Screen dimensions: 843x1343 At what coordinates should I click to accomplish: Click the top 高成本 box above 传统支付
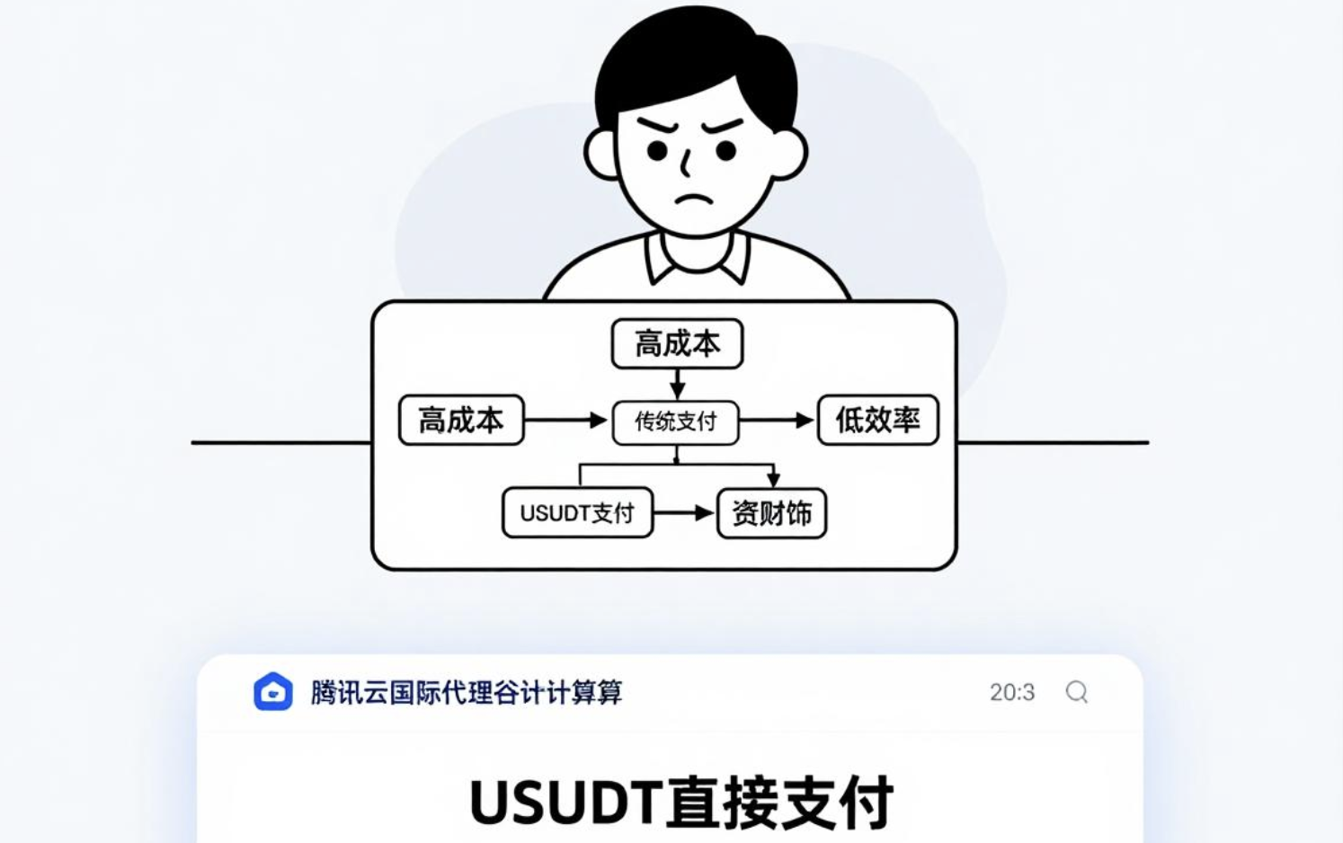(677, 343)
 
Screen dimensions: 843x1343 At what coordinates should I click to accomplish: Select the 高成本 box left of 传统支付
(461, 420)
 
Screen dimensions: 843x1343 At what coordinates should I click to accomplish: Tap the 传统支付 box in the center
(675, 421)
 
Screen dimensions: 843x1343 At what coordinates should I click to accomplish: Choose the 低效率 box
(877, 420)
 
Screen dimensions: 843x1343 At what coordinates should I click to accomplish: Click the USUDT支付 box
(577, 513)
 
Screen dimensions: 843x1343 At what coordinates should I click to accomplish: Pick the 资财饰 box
(771, 513)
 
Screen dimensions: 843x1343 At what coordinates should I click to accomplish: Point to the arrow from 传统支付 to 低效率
(777, 421)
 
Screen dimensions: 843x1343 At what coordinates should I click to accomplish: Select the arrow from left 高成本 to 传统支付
(565, 420)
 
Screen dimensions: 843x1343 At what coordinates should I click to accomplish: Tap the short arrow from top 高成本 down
(677, 385)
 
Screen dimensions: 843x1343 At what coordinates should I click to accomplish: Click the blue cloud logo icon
(273, 692)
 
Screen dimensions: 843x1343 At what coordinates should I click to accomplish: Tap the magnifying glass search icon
(1077, 692)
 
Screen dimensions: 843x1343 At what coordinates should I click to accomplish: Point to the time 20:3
(1012, 692)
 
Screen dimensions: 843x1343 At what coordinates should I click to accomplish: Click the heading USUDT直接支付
(681, 802)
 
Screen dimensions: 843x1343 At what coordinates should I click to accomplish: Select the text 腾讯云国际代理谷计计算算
(466, 692)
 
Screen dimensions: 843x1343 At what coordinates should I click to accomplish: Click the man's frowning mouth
(693, 200)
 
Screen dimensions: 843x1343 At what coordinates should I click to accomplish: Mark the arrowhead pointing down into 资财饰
(773, 480)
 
